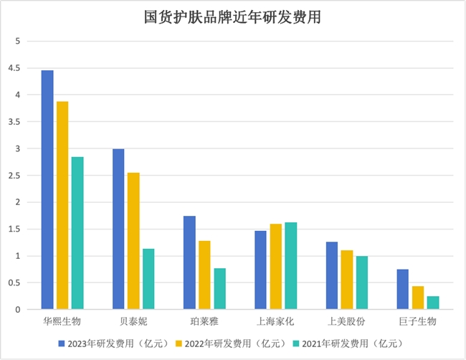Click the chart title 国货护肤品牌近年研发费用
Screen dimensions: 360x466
pyautogui.click(x=232, y=17)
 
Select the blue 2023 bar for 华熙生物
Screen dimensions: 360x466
pyautogui.click(x=47, y=190)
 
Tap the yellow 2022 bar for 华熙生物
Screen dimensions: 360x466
pyautogui.click(x=62, y=205)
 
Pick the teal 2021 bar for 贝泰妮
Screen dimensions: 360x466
pyautogui.click(x=148, y=279)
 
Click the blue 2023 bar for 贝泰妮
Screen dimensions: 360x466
pyautogui.click(x=118, y=229)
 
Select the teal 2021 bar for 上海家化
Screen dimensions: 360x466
pyautogui.click(x=290, y=266)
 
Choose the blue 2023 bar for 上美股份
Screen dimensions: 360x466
pyautogui.click(x=331, y=275)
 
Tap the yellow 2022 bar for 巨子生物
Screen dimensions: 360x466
pyautogui.click(x=418, y=298)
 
